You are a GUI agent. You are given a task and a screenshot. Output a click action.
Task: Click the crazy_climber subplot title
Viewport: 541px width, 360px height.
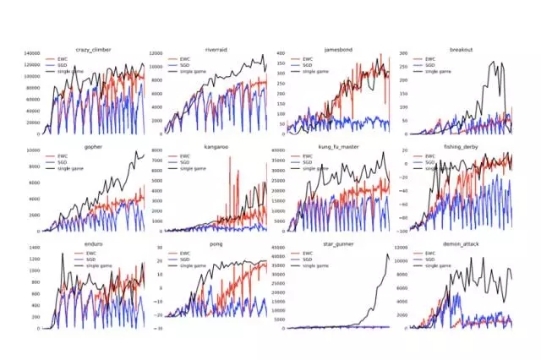[x=93, y=50]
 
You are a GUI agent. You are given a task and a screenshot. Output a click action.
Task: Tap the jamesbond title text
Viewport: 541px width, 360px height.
[x=338, y=50]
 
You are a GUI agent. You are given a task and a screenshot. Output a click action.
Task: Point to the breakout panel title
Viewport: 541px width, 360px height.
[x=461, y=50]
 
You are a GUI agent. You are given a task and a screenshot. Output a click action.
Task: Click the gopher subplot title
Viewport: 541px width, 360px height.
[x=93, y=146]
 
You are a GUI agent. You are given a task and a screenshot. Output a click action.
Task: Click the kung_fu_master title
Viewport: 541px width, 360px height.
[x=338, y=146]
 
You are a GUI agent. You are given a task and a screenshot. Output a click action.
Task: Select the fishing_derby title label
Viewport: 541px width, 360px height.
[x=461, y=146]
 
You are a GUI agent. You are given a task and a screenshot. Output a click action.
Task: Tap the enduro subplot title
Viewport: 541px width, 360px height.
[x=93, y=243]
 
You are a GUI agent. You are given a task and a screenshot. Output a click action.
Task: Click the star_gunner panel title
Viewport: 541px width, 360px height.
[x=338, y=243]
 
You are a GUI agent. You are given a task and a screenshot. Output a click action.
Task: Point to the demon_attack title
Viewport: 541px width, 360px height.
[x=461, y=243]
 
